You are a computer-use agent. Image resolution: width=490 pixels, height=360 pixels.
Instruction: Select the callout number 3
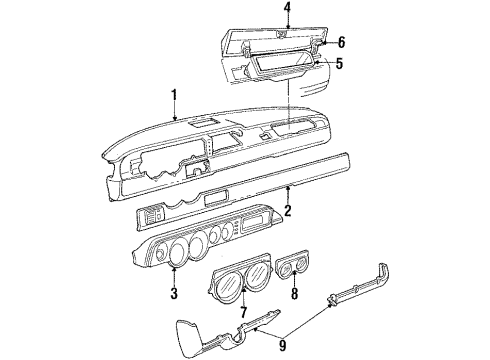173,293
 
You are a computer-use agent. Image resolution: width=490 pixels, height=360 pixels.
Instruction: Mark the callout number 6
341,42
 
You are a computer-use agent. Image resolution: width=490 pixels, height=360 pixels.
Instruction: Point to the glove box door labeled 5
285,69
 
